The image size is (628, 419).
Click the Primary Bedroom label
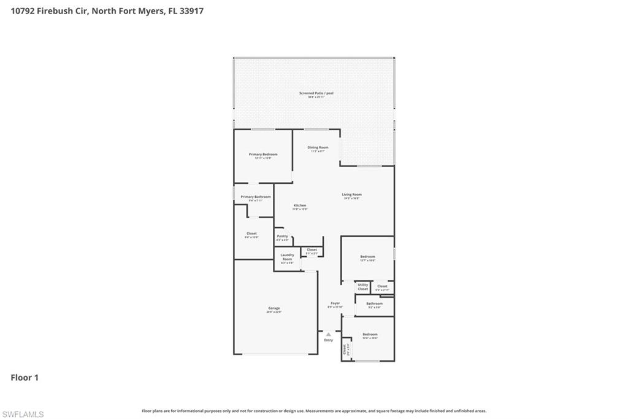coord(262,155)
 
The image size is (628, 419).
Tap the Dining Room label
coord(318,147)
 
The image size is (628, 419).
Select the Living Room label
coord(351,195)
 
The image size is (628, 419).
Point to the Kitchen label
coord(299,206)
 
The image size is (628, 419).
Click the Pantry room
coord(282,237)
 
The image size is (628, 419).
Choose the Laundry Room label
coord(287,257)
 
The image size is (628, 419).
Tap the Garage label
coord(274,308)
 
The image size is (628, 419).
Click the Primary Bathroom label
coord(255,197)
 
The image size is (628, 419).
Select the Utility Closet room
coord(362,286)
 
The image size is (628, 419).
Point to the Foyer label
coord(335,303)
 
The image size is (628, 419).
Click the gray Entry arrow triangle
coord(328,334)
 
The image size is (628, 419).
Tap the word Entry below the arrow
coord(328,340)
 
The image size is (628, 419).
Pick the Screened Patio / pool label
coord(316,93)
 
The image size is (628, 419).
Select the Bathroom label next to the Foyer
coord(374,303)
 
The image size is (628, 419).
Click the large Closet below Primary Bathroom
coord(251,234)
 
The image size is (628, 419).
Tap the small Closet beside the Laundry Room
coord(312,250)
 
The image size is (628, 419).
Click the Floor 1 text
coord(25,378)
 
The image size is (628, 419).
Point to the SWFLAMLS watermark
coord(23,414)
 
